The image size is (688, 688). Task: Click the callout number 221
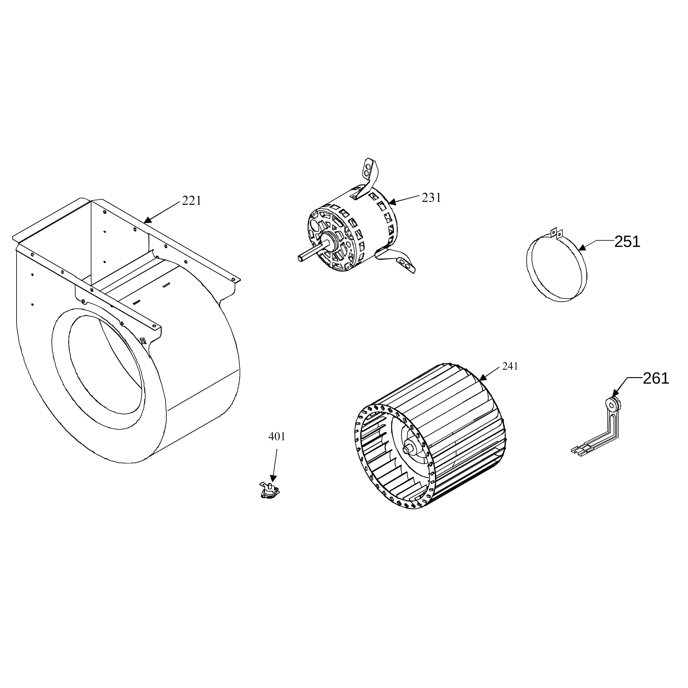[x=192, y=201]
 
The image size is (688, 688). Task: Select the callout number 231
[x=431, y=198]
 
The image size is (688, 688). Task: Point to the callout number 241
[x=510, y=366]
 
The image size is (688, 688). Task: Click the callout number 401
[x=277, y=437]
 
